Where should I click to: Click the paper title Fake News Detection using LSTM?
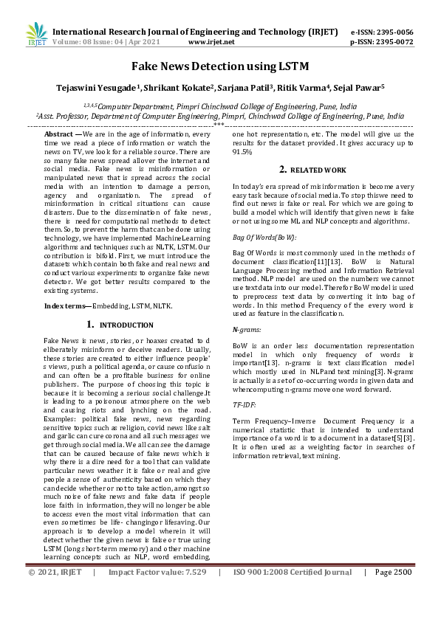pos(219,66)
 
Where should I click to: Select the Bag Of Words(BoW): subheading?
pos(264,238)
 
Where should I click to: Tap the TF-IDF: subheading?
pos(245,405)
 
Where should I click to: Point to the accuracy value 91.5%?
pos(242,151)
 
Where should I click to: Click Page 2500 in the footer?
pos(392,613)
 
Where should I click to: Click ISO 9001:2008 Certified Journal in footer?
pos(293,613)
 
